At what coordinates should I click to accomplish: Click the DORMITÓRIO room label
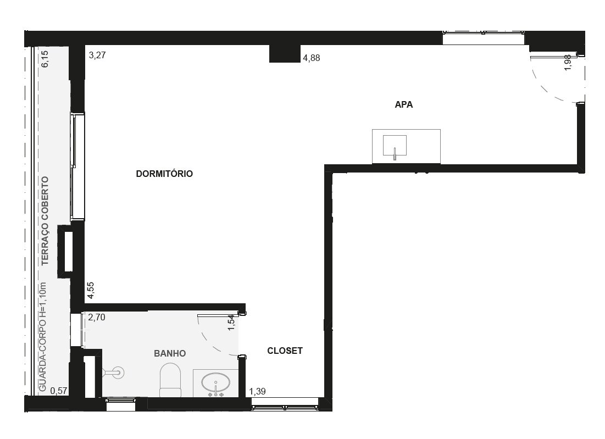[x=164, y=174]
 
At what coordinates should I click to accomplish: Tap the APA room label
[x=403, y=104]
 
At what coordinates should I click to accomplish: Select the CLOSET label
[x=285, y=351]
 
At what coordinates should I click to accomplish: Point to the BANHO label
[x=170, y=353]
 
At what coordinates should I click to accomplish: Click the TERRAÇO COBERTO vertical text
[x=45, y=221]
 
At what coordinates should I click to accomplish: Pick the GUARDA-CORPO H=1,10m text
[x=43, y=337]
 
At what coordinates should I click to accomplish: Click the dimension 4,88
[x=312, y=58]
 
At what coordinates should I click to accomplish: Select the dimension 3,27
[x=97, y=55]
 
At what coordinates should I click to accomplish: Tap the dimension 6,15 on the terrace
[x=45, y=59]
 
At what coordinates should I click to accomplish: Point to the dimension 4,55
[x=90, y=291]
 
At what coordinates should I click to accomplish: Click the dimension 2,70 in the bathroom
[x=97, y=318]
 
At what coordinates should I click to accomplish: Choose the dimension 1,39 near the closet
[x=257, y=392]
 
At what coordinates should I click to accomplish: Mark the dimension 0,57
[x=59, y=391]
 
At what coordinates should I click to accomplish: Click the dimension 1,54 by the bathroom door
[x=231, y=323]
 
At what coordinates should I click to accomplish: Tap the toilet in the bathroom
[x=170, y=380]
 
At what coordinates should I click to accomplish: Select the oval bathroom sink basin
[x=216, y=382]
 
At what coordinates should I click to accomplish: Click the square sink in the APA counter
[x=395, y=146]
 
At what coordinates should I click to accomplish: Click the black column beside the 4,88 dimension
[x=285, y=54]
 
